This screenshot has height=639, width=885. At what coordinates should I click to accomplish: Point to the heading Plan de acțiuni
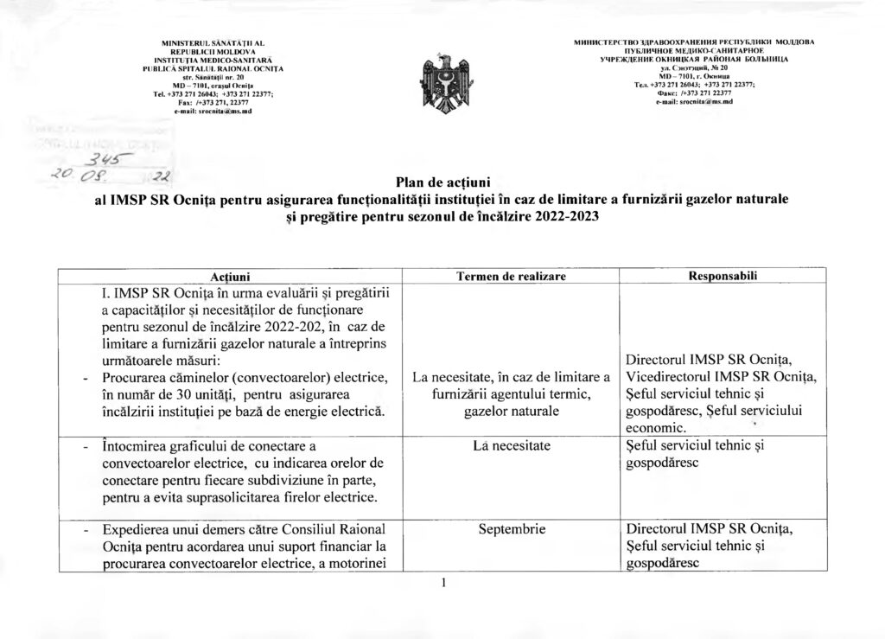pyautogui.click(x=442, y=181)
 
